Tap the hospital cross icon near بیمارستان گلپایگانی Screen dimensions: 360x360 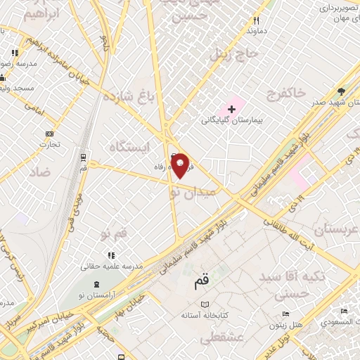(x=231, y=109)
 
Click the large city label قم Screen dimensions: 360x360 (x=202, y=283)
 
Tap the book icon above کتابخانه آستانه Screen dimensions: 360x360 (x=205, y=304)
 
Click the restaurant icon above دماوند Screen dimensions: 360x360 (x=256, y=20)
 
